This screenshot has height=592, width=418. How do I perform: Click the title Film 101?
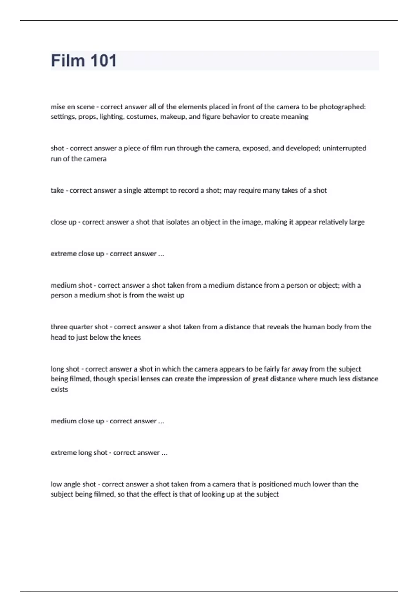pos(84,61)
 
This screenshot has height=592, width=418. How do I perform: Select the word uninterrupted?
pos(344,148)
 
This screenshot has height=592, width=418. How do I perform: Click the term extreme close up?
pos(77,254)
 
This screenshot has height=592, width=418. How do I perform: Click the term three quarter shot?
pos(79,327)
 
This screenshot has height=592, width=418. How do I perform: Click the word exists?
pos(59,389)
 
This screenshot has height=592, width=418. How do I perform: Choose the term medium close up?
pos(77,421)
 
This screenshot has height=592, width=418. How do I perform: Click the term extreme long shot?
pos(79,453)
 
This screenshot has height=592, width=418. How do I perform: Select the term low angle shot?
pos(73,484)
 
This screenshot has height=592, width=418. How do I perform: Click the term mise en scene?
pos(72,107)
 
